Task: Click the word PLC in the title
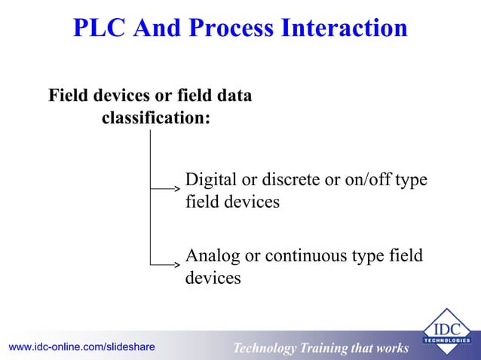tap(101, 28)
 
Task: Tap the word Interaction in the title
tap(342, 28)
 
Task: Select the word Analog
tap(212, 256)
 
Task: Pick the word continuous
tap(302, 256)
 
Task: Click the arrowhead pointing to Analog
tap(177, 264)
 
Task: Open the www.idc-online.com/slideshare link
tap(81, 346)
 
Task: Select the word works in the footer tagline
tap(390, 348)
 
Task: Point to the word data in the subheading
tap(232, 96)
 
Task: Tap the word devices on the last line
tap(213, 278)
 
